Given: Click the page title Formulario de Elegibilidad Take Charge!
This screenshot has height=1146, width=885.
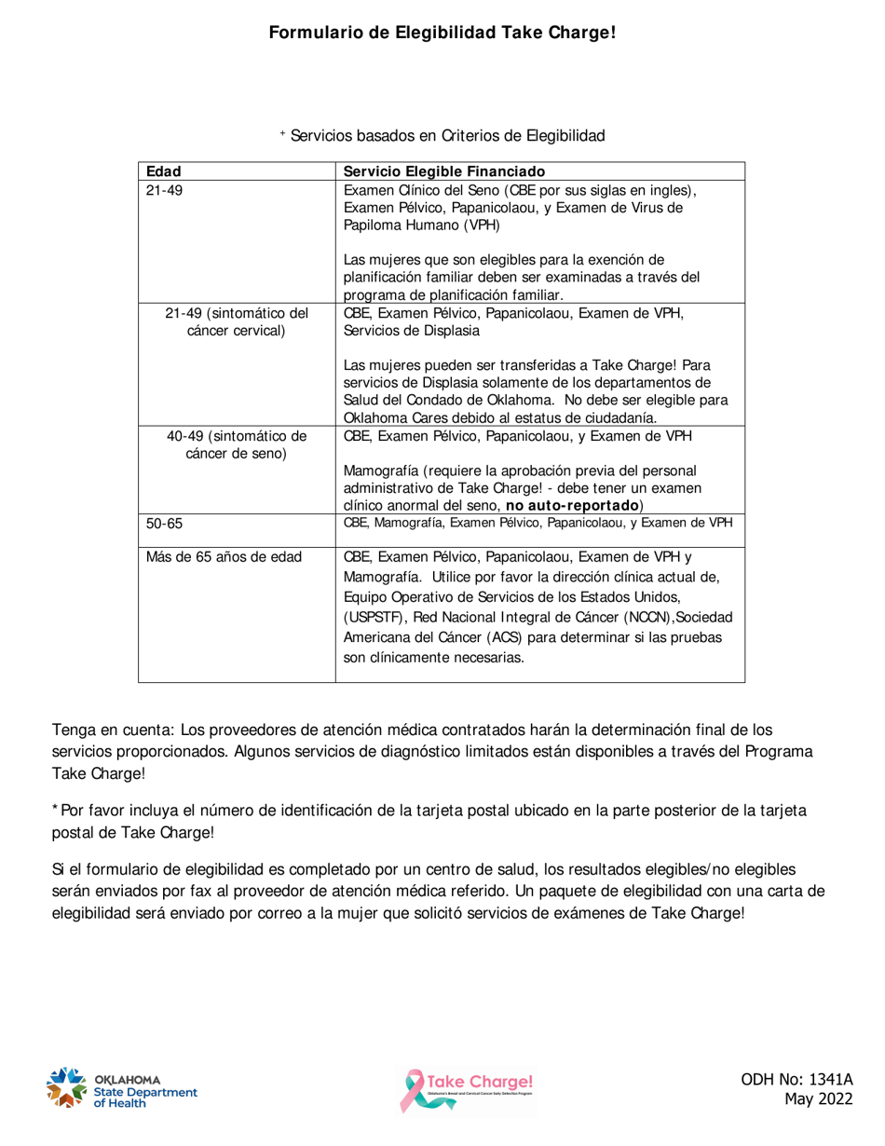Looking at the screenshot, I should [442, 34].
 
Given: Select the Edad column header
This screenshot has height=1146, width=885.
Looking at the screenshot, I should [164, 171].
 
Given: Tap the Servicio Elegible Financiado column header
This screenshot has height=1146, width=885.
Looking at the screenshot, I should [443, 171].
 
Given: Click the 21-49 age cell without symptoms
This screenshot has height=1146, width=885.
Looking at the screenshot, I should [164, 190].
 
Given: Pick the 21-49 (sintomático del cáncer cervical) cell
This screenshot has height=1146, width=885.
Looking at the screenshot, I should [236, 321].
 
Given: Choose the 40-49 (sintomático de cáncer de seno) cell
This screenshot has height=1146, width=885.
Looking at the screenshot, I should [236, 444].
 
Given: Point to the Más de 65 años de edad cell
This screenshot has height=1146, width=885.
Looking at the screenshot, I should [224, 558].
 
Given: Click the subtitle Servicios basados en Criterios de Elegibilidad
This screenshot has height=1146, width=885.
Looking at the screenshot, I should [447, 136].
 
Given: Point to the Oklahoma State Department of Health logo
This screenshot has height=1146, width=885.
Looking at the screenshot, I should [120, 1087].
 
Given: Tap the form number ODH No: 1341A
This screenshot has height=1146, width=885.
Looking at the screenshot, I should [796, 1080].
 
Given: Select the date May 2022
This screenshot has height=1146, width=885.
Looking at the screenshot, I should [818, 1100].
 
